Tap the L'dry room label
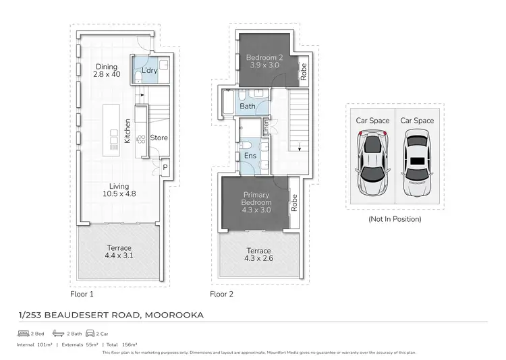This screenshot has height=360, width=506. tap(149, 71)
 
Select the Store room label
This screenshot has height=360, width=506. tap(159, 138)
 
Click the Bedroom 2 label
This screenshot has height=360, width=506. tap(264, 61)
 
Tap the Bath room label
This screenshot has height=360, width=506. tap(247, 107)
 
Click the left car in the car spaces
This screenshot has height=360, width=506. tap(373, 162)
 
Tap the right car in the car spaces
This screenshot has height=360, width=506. tap(416, 162)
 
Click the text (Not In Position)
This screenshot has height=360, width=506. tap(395, 219)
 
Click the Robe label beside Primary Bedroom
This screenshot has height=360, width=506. tap(294, 202)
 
